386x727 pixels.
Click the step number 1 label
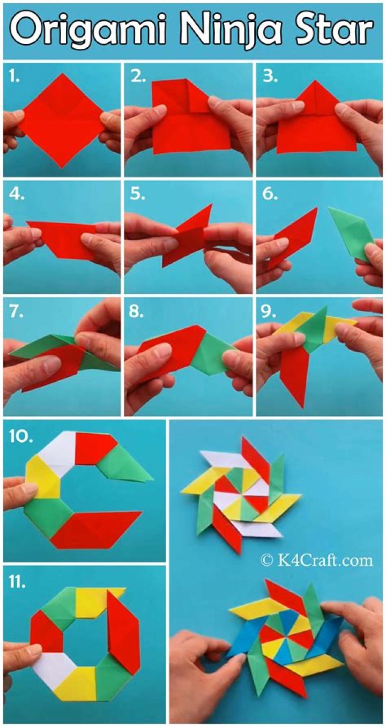coord(14,77)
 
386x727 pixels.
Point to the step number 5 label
coord(138,194)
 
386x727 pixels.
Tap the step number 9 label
coord(270,312)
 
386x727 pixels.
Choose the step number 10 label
coord(19,436)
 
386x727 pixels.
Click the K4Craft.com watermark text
coord(316,560)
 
